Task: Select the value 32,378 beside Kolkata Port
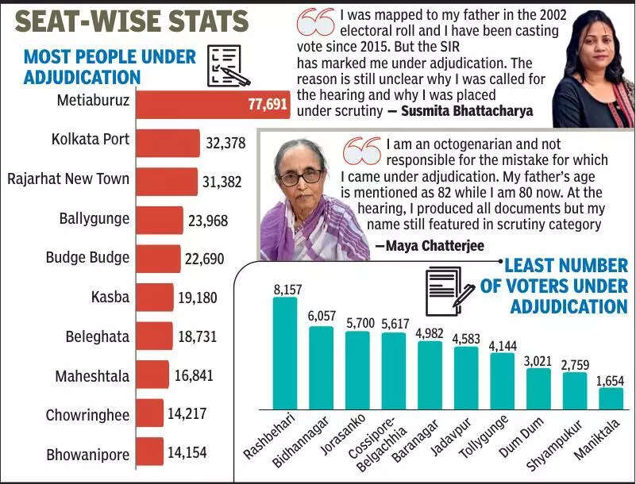(x=225, y=144)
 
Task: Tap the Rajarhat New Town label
(x=68, y=179)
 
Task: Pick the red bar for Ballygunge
(x=160, y=220)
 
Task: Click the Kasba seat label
(x=110, y=298)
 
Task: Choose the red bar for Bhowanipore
(x=149, y=452)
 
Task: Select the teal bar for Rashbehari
(x=284, y=353)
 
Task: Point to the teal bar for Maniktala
(x=611, y=399)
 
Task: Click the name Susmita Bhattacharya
(x=467, y=111)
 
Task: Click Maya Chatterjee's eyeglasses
(x=299, y=176)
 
